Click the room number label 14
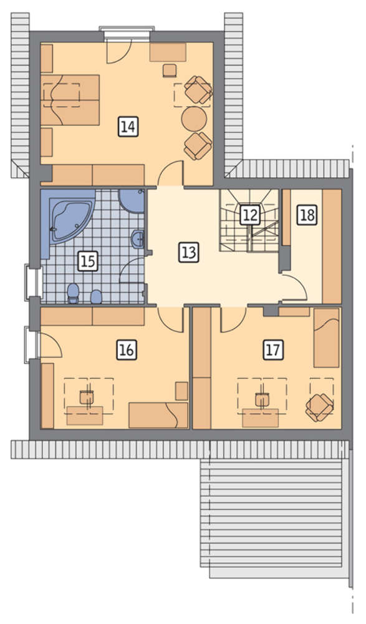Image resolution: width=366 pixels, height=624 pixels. (128, 127)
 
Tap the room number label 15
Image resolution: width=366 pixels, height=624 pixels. (88, 261)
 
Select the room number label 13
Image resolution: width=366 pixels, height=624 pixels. (188, 252)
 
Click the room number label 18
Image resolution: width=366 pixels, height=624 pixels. (308, 215)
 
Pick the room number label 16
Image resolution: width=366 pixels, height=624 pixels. (127, 350)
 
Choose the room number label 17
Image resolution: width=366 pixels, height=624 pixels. (273, 350)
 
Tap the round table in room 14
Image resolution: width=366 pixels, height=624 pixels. (194, 118)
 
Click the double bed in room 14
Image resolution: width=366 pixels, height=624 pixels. (70, 99)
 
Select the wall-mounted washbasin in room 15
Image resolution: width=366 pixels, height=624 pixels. (138, 240)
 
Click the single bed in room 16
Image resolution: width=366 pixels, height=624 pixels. (158, 415)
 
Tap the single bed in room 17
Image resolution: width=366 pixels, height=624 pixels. (327, 337)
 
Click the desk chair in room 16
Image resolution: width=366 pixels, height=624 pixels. (86, 397)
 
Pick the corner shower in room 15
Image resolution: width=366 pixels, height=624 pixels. (132, 201)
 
